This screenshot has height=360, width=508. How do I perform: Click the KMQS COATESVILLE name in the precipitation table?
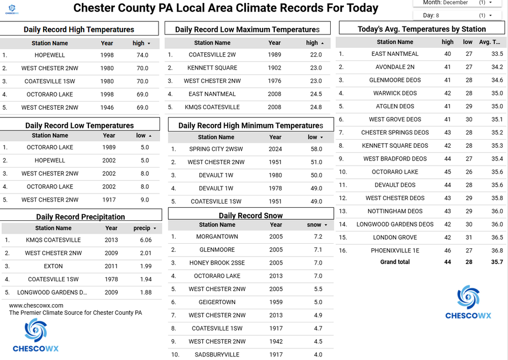point(53,240)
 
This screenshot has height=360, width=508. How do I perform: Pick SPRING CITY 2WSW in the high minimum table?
point(216,149)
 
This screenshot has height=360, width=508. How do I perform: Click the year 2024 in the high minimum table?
point(275,149)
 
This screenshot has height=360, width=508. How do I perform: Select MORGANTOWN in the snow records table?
point(217,237)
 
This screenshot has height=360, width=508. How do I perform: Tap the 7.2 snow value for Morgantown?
point(318,237)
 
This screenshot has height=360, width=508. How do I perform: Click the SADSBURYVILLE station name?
point(217,354)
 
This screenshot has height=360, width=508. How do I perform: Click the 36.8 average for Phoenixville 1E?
point(497,250)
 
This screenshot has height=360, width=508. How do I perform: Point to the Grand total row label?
point(395,262)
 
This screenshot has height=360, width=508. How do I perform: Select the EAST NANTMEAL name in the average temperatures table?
point(395,54)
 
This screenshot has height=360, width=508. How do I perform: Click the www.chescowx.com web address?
point(36,306)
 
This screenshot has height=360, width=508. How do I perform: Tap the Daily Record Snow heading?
point(250,215)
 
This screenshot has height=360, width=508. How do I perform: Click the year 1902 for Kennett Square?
point(274,68)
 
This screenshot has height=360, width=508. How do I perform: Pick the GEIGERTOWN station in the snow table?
point(217,302)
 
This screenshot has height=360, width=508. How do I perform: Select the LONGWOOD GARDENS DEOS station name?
point(395,224)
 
